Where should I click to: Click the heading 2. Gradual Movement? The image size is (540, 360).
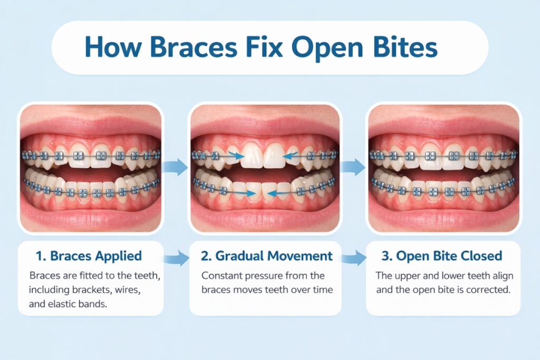[266, 257]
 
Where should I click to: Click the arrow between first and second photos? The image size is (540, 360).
[178, 167]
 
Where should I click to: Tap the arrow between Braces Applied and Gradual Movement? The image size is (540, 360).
[178, 258]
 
